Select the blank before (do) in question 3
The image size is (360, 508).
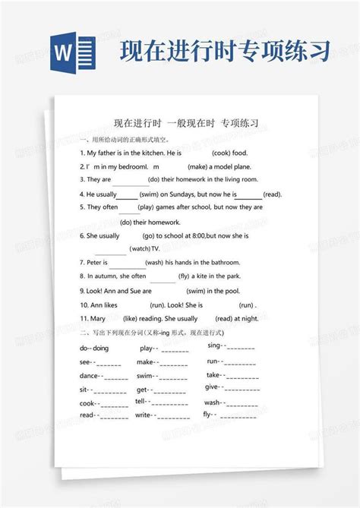click(x=131, y=180)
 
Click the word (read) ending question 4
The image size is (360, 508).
click(x=272, y=194)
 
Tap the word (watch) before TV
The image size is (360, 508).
click(x=141, y=248)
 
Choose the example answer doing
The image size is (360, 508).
click(x=101, y=348)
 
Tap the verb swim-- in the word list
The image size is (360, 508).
click(x=147, y=376)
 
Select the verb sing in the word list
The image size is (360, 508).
click(x=213, y=346)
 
